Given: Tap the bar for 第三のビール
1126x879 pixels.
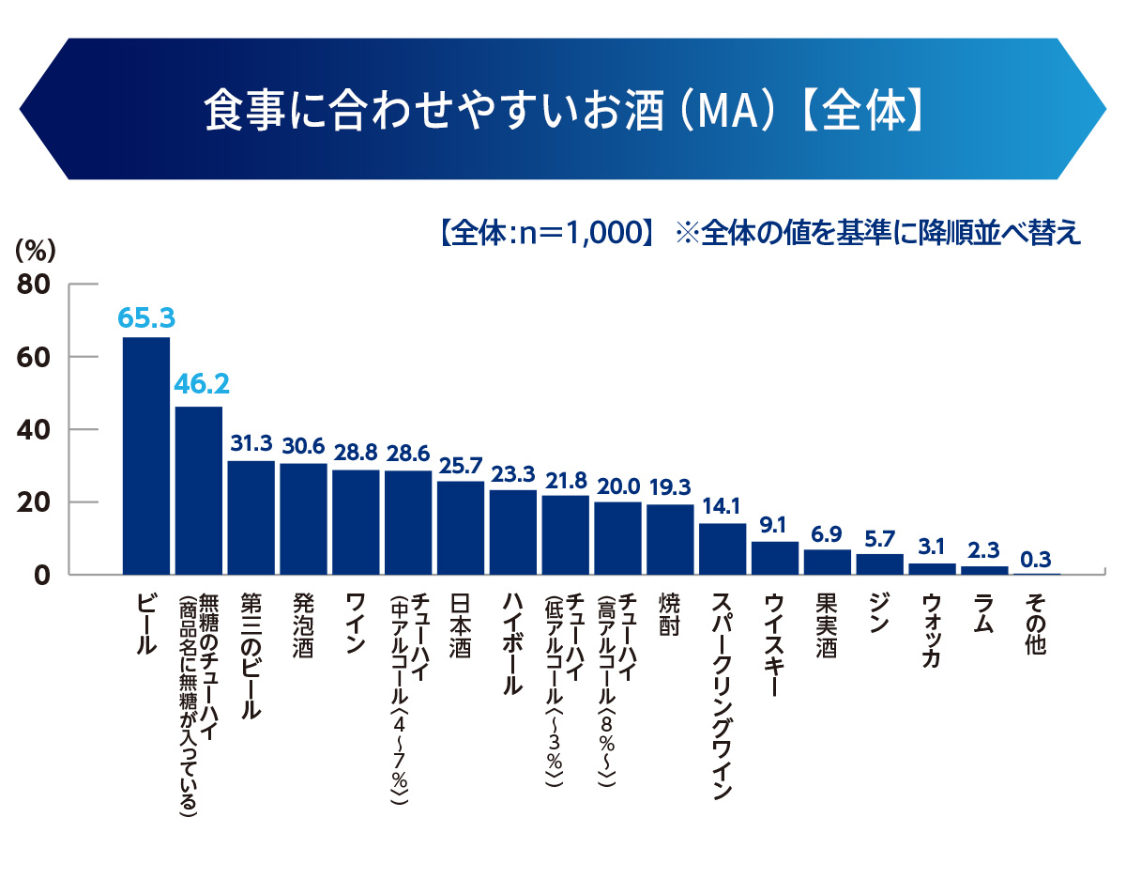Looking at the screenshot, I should point(251,517).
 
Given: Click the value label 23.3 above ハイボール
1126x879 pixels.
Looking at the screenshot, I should point(513,474).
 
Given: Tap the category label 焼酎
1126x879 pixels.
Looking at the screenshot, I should point(669,615).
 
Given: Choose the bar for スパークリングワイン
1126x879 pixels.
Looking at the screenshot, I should point(723,548).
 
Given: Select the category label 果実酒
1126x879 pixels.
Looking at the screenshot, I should point(827,625).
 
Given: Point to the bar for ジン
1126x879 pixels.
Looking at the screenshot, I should point(880,564).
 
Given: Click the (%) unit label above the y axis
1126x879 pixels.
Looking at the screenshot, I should point(37,250).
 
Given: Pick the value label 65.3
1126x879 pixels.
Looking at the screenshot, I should point(146,317).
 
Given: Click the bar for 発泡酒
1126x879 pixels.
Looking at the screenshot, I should point(303,518).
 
